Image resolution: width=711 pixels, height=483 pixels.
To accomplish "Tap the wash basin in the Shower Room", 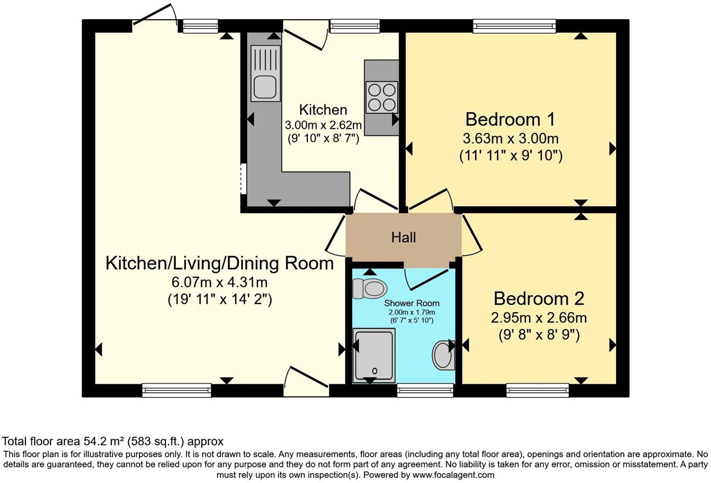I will (443, 355).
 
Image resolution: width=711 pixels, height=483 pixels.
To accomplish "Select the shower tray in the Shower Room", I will (374, 355).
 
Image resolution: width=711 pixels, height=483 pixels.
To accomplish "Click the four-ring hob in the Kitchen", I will (381, 97).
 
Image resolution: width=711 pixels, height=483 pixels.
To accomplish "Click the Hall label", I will (403, 238).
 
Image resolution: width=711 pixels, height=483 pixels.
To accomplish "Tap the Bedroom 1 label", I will (510, 119).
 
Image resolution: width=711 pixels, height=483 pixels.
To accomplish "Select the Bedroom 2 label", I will (539, 298).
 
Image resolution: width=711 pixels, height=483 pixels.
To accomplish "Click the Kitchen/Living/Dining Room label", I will (219, 263).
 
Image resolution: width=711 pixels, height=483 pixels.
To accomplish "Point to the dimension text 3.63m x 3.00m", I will (510, 139).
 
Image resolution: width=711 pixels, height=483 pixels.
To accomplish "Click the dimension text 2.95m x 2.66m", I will (538, 318).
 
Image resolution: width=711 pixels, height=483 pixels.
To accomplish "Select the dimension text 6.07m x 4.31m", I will (219, 282).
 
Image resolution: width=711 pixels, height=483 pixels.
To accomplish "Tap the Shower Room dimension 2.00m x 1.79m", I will (412, 312).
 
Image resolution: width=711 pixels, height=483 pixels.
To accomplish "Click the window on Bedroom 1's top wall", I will (514, 26).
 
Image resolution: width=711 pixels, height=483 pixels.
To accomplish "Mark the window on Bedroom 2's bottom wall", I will (537, 390).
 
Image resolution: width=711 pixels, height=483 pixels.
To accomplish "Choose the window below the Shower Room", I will (425, 390).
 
